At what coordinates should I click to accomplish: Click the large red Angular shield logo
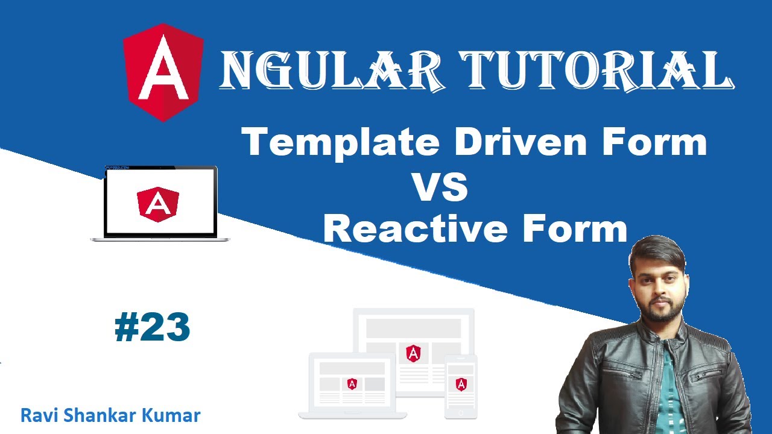(x=163, y=72)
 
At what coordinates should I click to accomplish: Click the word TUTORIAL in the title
(x=597, y=71)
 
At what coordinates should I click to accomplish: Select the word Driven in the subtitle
(x=520, y=141)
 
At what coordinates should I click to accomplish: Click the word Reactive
(x=416, y=228)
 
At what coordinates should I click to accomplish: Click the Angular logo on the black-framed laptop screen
(x=158, y=204)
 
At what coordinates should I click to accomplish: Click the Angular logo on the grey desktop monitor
(x=413, y=353)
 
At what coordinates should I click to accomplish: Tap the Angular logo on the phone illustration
(x=461, y=385)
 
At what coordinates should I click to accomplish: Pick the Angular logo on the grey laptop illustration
(x=352, y=383)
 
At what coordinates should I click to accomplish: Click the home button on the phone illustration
(x=461, y=412)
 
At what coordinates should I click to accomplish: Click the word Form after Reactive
(x=575, y=228)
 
